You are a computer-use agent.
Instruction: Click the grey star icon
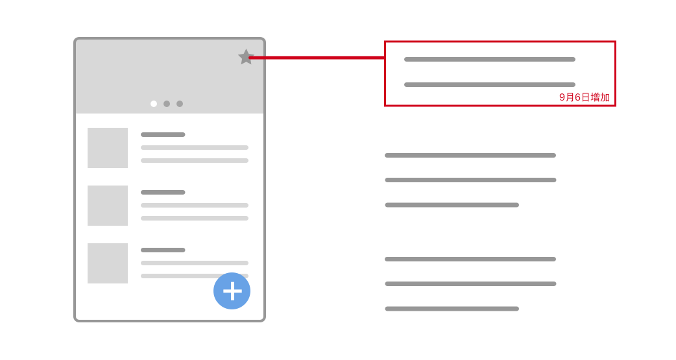click(246, 57)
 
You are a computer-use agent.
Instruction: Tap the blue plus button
click(232, 291)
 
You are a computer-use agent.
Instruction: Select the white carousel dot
click(154, 104)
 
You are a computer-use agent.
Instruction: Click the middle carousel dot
click(167, 104)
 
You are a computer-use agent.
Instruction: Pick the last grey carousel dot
click(180, 104)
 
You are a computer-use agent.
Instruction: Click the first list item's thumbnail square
click(108, 148)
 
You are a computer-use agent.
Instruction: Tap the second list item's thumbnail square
click(108, 206)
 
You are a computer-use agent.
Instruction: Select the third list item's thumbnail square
click(108, 263)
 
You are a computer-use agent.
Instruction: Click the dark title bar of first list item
click(163, 134)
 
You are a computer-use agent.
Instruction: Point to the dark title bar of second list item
click(163, 192)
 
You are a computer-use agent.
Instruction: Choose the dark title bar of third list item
click(163, 250)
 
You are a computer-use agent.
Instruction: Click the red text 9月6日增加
click(584, 97)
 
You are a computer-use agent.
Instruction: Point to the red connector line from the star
click(317, 57)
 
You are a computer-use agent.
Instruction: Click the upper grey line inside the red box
click(490, 60)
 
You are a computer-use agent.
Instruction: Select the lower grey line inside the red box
click(490, 84)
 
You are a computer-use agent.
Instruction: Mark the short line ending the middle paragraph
click(452, 205)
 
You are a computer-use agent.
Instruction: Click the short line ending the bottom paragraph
click(452, 309)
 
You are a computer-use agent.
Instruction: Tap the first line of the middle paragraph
click(470, 155)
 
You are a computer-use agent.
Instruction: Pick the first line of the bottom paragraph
click(470, 259)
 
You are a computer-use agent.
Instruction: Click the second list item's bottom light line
click(195, 218)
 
